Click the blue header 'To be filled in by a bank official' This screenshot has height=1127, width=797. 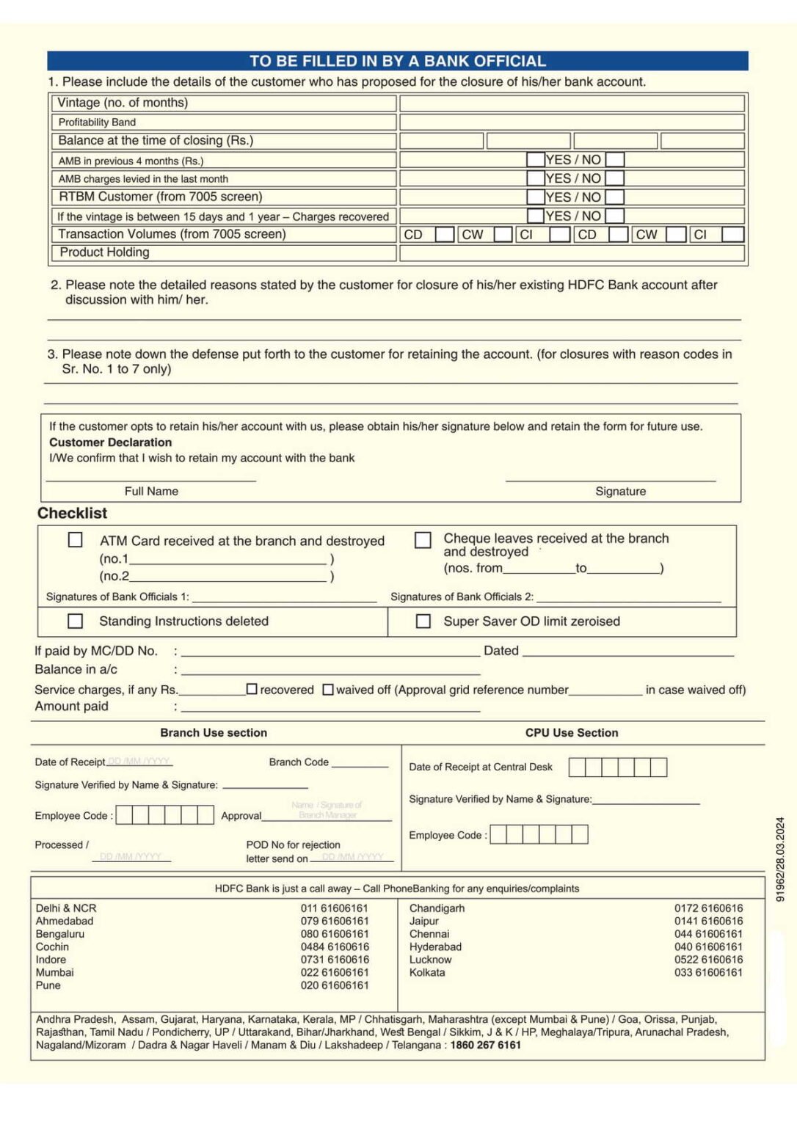[x=397, y=61]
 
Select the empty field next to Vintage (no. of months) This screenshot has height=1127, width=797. [x=572, y=103]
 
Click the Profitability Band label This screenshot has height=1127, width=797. [x=97, y=123]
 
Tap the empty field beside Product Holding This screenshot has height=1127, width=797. [x=572, y=253]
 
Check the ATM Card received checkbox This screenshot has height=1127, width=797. [x=75, y=540]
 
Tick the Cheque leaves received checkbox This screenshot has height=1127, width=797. [x=423, y=540]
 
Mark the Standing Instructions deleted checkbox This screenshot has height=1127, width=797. [x=75, y=621]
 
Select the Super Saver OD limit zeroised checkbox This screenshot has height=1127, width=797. [x=423, y=621]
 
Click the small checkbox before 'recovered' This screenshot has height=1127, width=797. [x=252, y=690]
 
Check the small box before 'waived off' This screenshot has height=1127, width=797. [x=328, y=690]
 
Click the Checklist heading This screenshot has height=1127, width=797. [x=72, y=514]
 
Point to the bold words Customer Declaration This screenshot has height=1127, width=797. [x=110, y=442]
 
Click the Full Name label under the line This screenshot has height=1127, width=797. [x=151, y=492]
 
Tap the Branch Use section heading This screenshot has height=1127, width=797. [x=214, y=733]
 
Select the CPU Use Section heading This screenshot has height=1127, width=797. [x=571, y=733]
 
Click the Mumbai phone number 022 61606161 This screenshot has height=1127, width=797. [x=335, y=973]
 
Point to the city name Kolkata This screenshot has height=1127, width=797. [x=427, y=973]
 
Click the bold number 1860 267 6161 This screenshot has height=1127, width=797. [x=485, y=1046]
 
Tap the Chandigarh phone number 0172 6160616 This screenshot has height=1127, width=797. [x=708, y=908]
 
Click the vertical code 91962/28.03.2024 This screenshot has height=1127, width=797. [x=780, y=859]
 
